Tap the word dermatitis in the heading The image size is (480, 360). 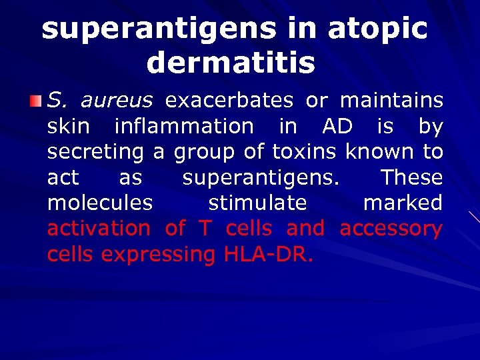pyautogui.click(x=231, y=63)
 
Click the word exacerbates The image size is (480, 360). pyautogui.click(x=229, y=101)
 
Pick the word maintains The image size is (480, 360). pyautogui.click(x=391, y=101)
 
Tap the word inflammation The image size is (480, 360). pyautogui.click(x=184, y=126)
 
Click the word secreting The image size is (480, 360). pyautogui.click(x=95, y=152)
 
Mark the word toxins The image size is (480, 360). pyautogui.click(x=303, y=152)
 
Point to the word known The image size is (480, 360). pyautogui.click(x=378, y=152)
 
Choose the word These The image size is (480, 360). pyautogui.click(x=411, y=177)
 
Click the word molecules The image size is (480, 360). pyautogui.click(x=100, y=203)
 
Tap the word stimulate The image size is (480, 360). pyautogui.click(x=257, y=203)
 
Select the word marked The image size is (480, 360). pyautogui.click(x=403, y=203)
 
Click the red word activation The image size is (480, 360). pyautogui.click(x=99, y=229)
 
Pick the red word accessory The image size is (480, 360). pyautogui.click(x=391, y=230)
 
